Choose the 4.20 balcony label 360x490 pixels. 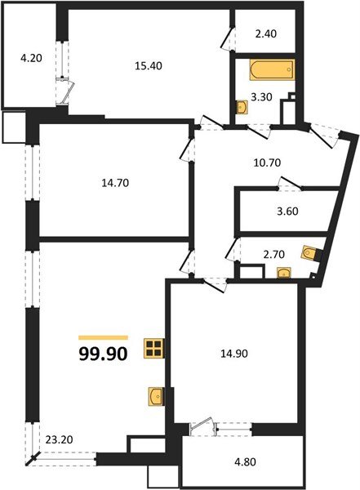pos(31,58)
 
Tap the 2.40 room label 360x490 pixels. pos(267,34)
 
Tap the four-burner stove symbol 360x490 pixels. pos(153,350)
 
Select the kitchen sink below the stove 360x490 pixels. pos(157,397)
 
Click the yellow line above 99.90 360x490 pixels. pos(103,337)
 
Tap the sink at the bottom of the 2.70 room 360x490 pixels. pos(283,274)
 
